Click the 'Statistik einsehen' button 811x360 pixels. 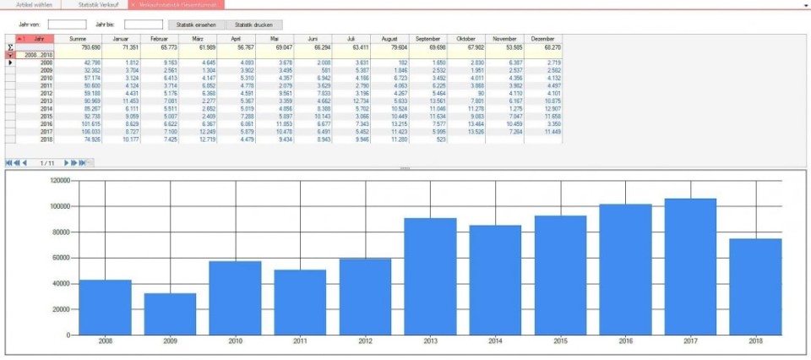196,25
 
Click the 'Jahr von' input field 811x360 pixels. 67,25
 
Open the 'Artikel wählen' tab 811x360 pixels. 34,4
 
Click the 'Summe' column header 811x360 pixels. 77,39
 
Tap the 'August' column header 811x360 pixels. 389,39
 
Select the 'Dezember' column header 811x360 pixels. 543,39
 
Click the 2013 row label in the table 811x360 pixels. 46,101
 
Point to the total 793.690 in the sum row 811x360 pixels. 90,47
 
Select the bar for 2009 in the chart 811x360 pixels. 170,314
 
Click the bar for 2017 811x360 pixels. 690,266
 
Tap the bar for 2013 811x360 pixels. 430,276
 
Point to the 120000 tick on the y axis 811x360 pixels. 58,180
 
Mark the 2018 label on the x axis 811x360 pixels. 755,341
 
